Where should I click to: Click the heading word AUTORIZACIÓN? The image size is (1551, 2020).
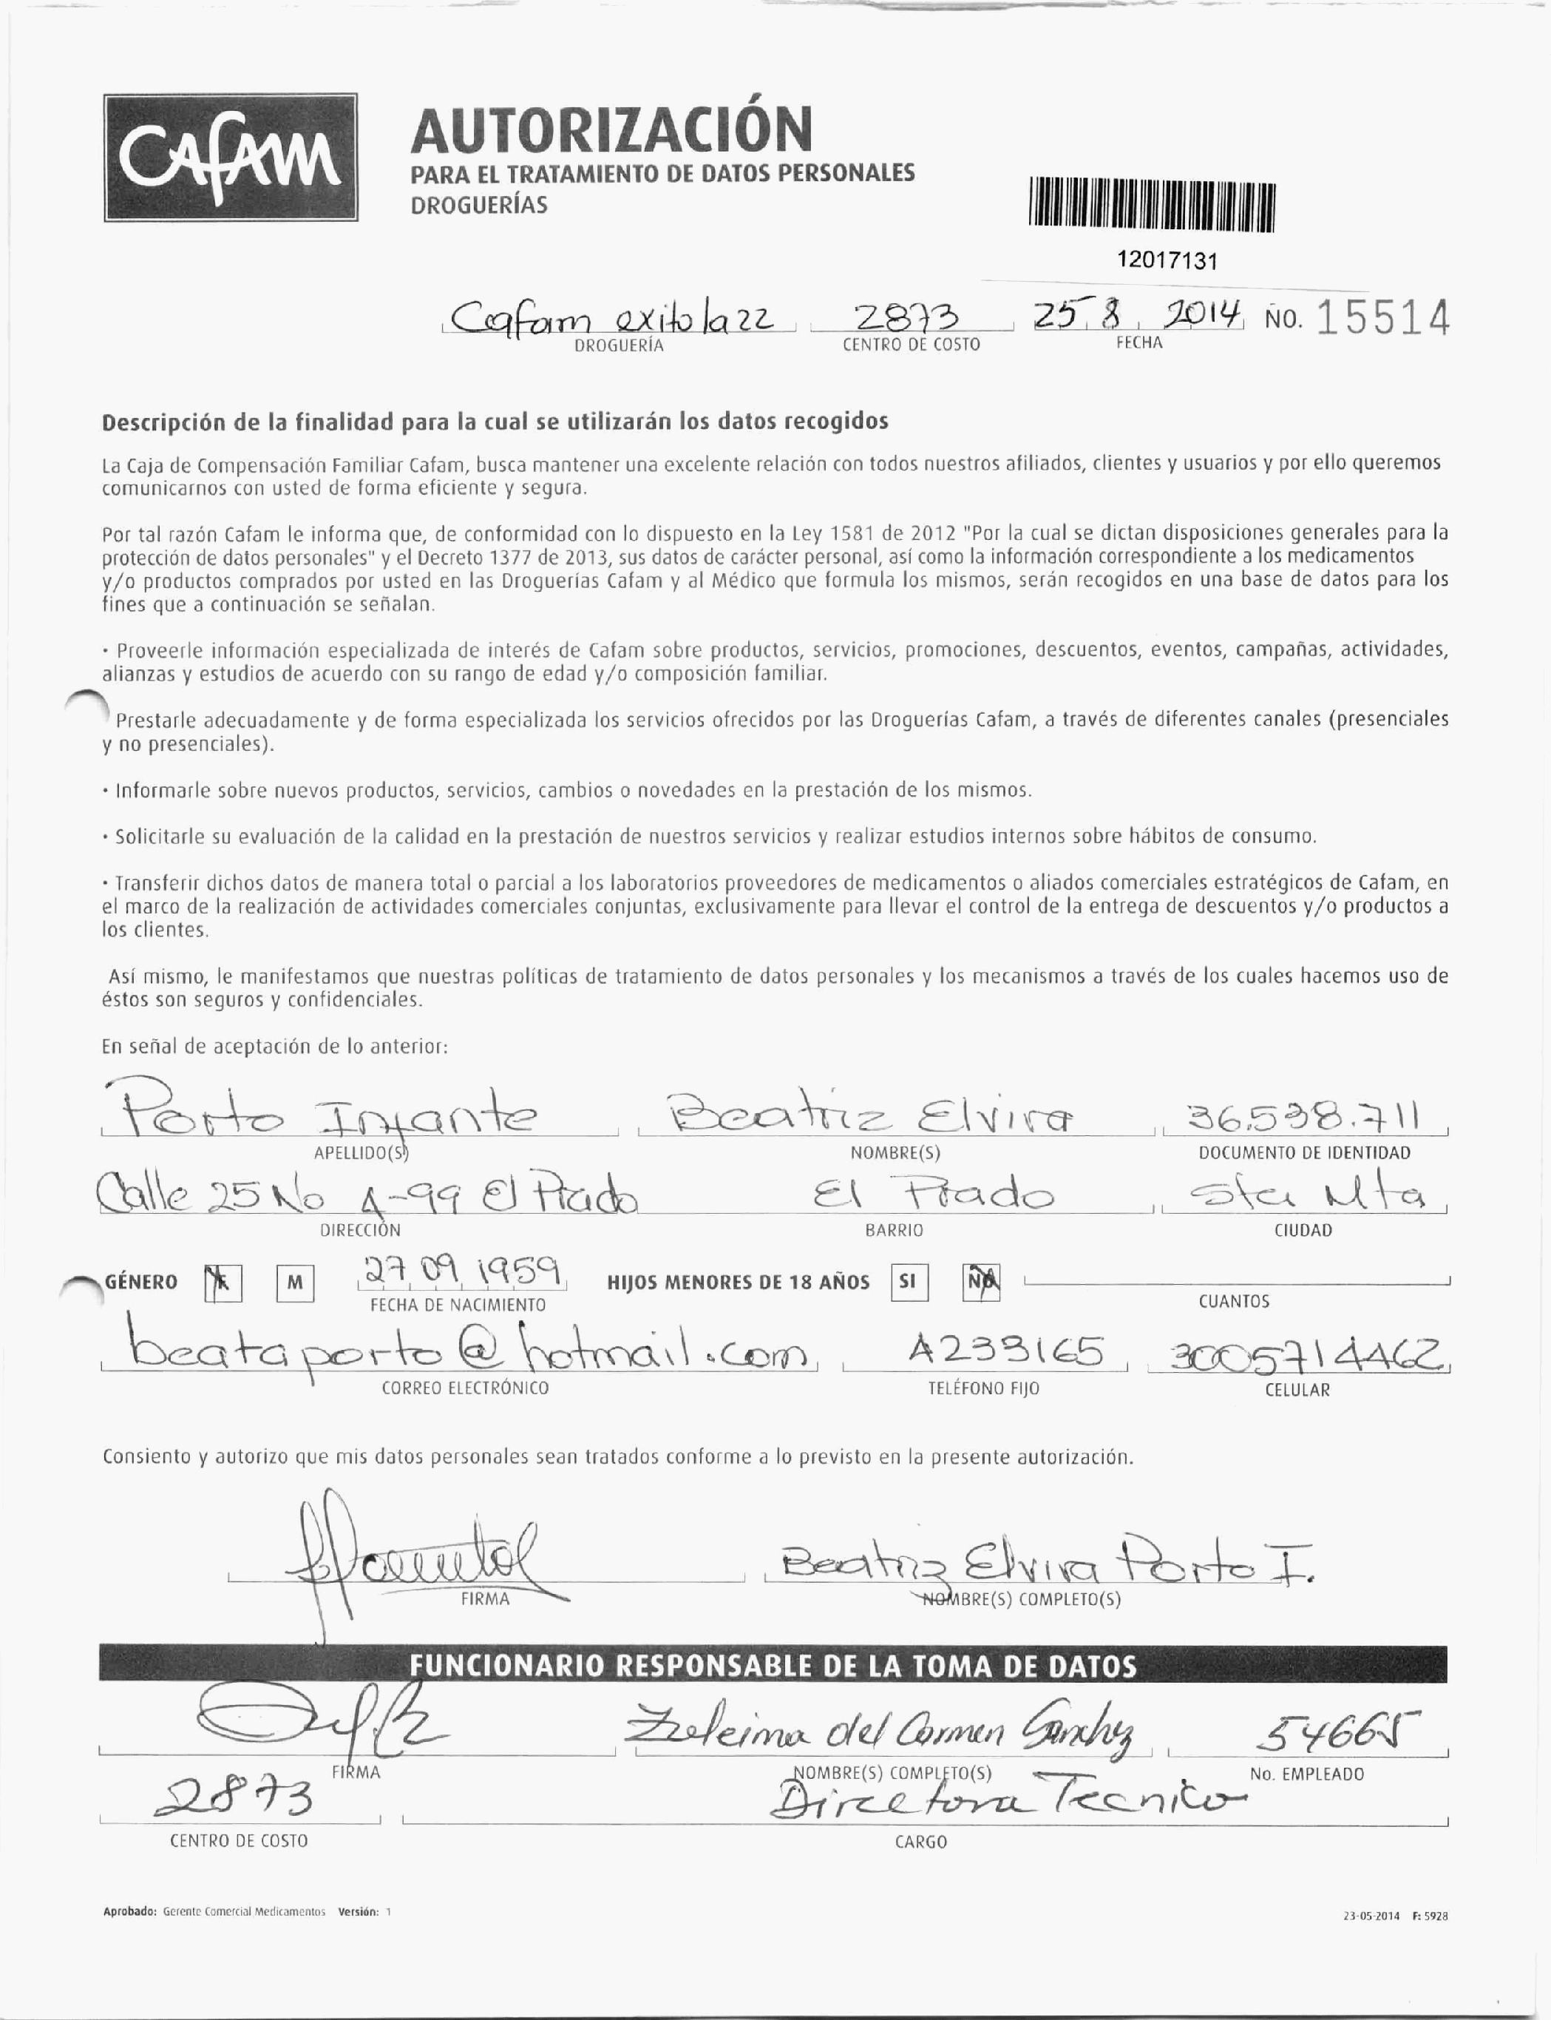click(x=611, y=130)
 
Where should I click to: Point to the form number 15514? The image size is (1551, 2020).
click(x=1382, y=320)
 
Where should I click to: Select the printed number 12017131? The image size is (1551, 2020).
click(x=1167, y=260)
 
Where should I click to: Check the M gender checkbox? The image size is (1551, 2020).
click(x=294, y=1284)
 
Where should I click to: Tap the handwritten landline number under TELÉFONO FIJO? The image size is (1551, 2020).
click(x=1005, y=1353)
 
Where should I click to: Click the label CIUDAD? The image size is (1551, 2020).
click(x=1303, y=1230)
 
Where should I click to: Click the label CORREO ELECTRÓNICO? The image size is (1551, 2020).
click(x=465, y=1388)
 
